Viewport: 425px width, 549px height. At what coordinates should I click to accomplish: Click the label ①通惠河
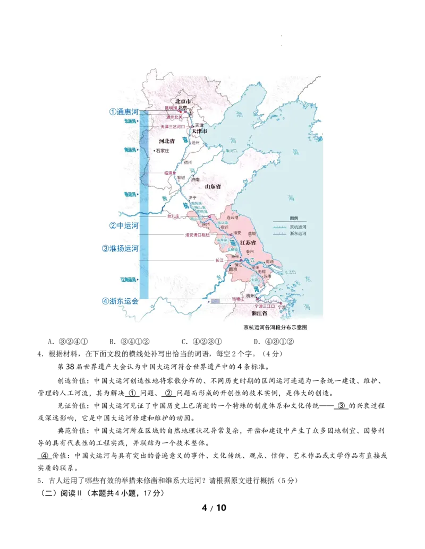124,112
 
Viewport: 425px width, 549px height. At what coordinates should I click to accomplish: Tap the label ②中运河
124,225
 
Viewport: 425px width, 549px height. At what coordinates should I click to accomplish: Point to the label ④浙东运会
120,301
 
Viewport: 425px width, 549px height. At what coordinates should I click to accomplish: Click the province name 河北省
167,141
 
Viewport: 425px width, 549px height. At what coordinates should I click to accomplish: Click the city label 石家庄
162,151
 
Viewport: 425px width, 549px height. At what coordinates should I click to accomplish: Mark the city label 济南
195,180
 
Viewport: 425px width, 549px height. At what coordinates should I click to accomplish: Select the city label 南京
232,269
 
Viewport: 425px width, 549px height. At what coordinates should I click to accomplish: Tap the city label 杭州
251,295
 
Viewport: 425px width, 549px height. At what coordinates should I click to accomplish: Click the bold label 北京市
183,101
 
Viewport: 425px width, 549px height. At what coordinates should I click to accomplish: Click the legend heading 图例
294,218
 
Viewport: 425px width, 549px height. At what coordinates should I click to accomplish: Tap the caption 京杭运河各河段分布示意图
275,327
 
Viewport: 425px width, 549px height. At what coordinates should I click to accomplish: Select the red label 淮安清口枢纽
198,234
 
